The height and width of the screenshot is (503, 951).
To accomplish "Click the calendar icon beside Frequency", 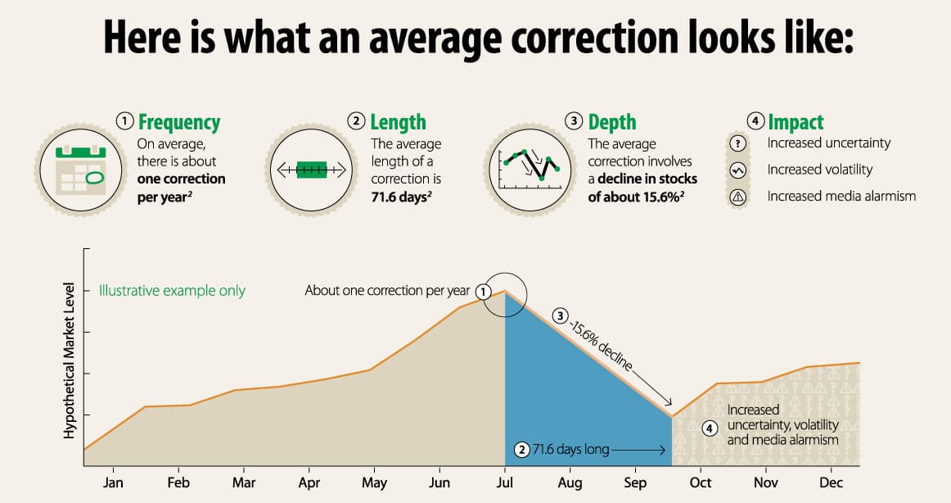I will coord(79,170).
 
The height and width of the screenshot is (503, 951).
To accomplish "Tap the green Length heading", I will coord(398,122).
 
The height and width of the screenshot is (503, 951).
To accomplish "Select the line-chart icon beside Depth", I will coord(530,170).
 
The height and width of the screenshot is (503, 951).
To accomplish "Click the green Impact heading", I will coord(796,122).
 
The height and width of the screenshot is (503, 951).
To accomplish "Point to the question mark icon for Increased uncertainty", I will coord(738,143).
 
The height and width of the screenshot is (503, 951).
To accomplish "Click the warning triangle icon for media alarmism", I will coord(738,197).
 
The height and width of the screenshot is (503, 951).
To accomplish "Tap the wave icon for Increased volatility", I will coord(738,170).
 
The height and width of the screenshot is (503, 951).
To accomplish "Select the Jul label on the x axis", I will coord(504,483).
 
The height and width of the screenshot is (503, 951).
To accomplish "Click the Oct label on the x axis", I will coord(701,483).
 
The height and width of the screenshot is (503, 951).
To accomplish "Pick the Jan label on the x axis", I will coord(113,483).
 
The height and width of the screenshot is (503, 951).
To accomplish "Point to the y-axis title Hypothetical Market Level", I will coord(70,360).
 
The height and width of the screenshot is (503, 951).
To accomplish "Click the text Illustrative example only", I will coord(172,291).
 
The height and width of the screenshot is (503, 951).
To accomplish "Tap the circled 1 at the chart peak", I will coord(484,291).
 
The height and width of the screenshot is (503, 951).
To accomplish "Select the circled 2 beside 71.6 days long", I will coord(521,449).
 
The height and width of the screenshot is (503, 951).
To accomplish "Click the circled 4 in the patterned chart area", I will coord(710,428).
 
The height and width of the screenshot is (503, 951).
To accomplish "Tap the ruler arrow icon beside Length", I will coord(311,170).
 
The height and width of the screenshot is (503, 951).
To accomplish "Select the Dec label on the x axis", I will coord(831,483).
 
